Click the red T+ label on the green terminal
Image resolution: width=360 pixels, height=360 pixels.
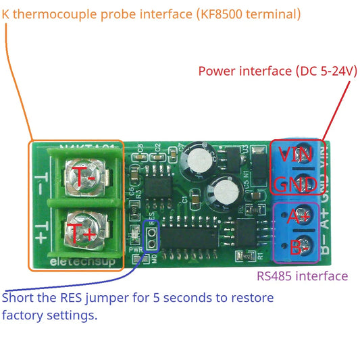pos(82,233)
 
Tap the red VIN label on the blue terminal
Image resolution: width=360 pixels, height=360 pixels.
pos(296,154)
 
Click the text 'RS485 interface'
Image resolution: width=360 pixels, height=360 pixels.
pos(302,276)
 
